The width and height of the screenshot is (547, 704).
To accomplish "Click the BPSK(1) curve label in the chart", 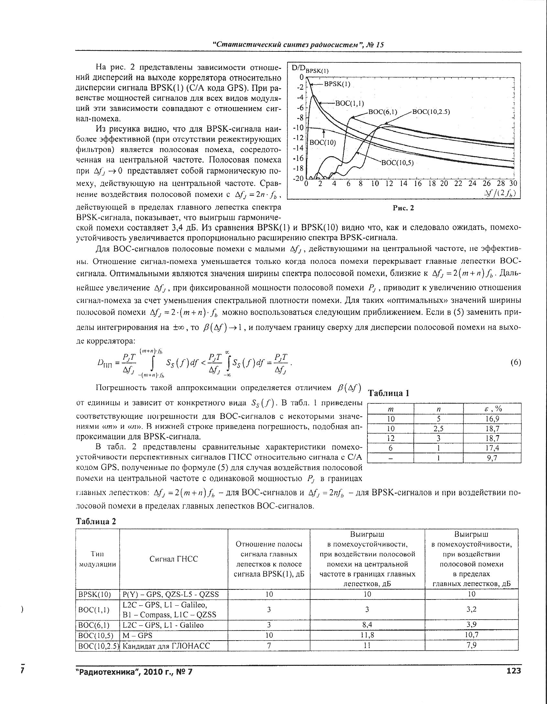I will click(x=337, y=84).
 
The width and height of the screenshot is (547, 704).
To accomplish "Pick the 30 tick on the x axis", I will click(x=513, y=183).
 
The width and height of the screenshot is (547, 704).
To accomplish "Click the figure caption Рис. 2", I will click(x=403, y=208).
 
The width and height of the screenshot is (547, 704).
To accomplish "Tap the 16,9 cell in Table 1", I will click(x=492, y=419).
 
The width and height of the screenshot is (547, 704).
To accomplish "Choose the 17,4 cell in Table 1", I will click(x=492, y=448).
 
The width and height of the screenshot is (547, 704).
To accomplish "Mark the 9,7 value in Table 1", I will click(x=492, y=458).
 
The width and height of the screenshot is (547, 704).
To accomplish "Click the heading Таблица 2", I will click(x=96, y=522).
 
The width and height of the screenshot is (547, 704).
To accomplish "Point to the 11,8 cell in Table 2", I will click(x=367, y=635).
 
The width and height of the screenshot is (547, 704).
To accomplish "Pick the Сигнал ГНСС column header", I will click(x=173, y=559).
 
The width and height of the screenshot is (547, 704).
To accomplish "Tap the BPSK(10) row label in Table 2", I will click(x=95, y=594).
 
